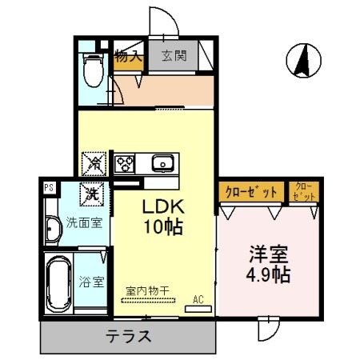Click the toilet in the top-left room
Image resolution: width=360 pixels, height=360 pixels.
[93, 70]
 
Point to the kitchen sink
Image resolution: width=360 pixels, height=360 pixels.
[162, 164]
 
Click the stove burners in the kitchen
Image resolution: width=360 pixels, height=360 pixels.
[126, 164]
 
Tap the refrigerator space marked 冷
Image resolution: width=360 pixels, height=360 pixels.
[94, 163]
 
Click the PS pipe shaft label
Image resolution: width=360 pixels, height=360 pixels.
[49, 188]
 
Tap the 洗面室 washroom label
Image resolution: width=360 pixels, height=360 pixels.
[83, 223]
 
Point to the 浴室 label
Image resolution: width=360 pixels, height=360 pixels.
[92, 282]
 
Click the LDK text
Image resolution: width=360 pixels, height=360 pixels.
[164, 206]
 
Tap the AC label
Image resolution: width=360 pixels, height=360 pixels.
[198, 299]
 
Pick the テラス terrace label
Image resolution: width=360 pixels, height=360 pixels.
[129, 336]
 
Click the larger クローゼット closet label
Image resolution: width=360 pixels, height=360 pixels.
[251, 192]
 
